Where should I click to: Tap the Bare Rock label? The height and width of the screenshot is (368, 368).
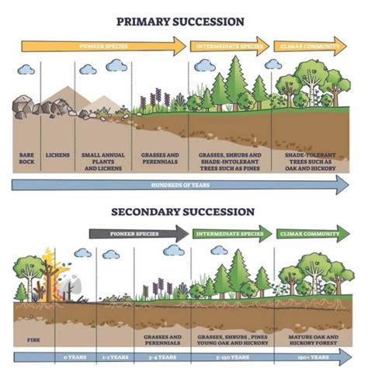click(x=27, y=159)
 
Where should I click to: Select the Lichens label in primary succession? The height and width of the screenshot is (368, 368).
click(x=57, y=156)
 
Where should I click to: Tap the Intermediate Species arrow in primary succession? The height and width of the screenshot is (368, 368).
click(x=230, y=46)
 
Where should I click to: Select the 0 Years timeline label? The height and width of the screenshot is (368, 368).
click(x=70, y=358)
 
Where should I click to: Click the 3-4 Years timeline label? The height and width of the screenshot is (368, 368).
click(x=161, y=358)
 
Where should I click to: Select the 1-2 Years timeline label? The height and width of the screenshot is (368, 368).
click(x=114, y=358)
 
